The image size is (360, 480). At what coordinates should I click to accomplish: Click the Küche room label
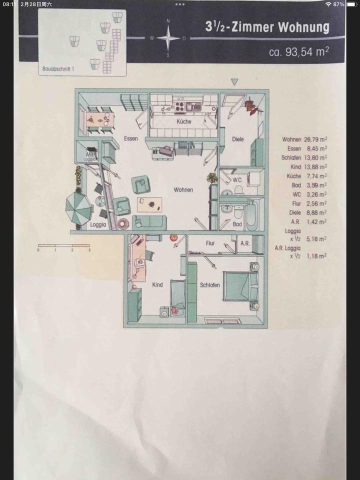pos(183,122)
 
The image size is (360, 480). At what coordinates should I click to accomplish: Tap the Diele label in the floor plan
pos(238,139)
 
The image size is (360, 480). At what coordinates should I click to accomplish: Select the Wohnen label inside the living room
pos(183,190)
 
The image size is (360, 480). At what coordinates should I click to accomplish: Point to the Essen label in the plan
pos(124,139)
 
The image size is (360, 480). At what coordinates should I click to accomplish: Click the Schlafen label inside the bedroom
pos(210,284)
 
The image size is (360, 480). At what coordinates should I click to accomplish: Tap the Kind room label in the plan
pos(157,285)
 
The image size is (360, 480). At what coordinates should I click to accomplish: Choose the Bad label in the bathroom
pos(237,224)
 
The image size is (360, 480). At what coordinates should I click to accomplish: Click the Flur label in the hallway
pos(210,243)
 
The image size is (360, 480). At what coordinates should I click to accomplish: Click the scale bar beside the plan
pos(63,245)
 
